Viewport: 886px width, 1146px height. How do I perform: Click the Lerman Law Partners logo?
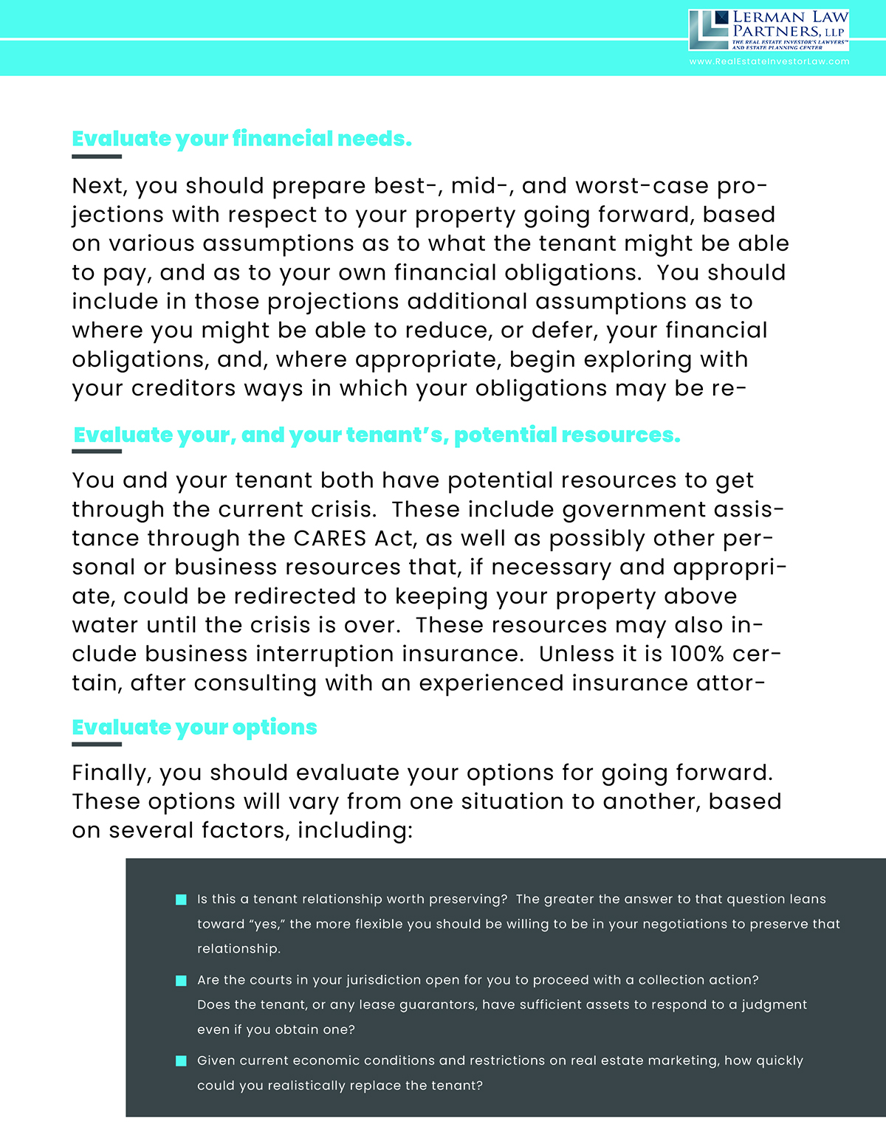pos(768,30)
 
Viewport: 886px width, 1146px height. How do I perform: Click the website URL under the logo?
pos(769,62)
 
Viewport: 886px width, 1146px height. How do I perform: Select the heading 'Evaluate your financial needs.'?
pos(241,139)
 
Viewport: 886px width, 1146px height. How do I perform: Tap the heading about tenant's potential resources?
pos(377,435)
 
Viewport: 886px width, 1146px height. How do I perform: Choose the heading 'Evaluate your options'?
pos(194,728)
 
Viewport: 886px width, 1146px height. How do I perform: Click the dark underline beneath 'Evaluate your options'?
pos(97,745)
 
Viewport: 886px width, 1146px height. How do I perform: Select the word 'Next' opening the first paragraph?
pos(99,186)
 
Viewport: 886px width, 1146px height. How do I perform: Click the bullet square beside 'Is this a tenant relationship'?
pos(181,900)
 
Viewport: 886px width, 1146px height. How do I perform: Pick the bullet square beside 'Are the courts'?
pos(181,981)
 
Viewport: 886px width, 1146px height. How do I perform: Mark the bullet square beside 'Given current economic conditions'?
pos(181,1061)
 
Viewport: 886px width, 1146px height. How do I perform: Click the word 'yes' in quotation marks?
pos(267,925)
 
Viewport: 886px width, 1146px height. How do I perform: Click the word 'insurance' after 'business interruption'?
pos(462,655)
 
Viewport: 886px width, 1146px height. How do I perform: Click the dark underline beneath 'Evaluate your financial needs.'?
pos(97,156)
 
